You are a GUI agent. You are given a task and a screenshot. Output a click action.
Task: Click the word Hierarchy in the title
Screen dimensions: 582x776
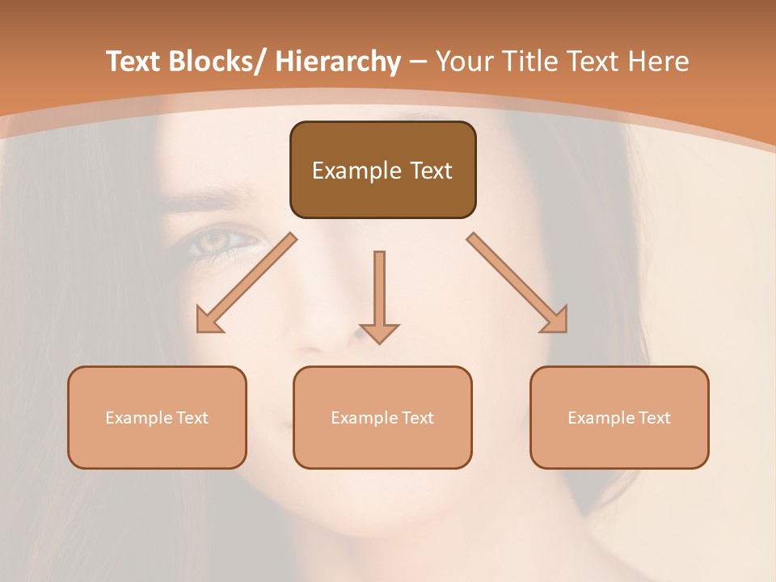(338, 62)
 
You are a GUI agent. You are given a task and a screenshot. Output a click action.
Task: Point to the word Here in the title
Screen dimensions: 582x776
(659, 62)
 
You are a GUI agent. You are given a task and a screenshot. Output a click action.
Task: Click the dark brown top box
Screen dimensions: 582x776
(382, 170)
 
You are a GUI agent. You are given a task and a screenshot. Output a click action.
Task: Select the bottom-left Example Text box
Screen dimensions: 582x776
(157, 417)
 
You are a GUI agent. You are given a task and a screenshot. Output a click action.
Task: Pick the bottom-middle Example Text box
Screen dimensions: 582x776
(382, 417)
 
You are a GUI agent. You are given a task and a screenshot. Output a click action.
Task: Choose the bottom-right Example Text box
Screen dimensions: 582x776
(619, 417)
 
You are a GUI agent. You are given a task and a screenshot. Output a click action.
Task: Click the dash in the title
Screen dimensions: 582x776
(418, 62)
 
